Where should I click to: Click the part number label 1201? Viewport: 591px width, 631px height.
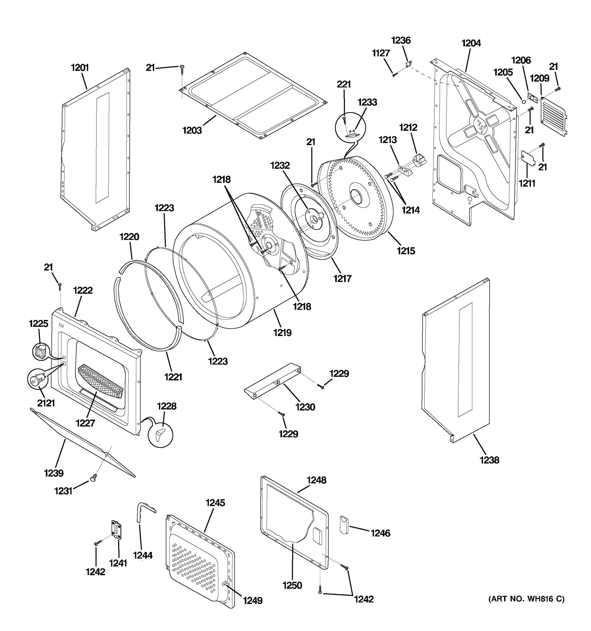point(80,68)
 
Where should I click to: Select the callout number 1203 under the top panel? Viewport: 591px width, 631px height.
point(192,130)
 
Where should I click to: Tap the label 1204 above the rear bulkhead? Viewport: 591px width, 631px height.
point(471,43)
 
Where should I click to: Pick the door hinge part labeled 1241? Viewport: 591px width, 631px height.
point(116,530)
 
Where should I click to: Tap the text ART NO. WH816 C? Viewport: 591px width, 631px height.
point(526,599)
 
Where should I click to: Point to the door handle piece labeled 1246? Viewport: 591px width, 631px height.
point(344,525)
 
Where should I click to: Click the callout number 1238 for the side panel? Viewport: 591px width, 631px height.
point(489,460)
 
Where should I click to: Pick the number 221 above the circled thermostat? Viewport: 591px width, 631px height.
point(344,84)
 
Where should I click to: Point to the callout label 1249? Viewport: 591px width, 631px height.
point(253,601)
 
